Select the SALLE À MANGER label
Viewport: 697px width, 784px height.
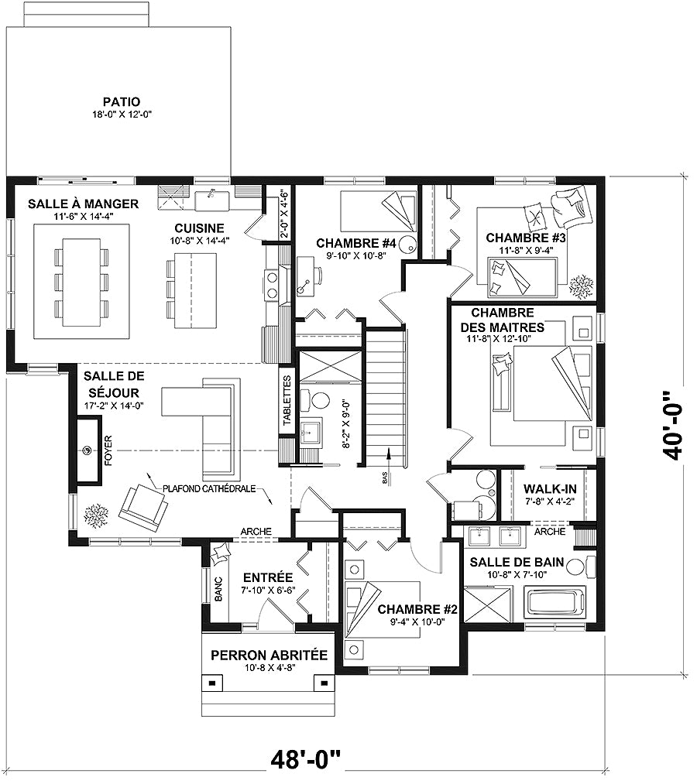click(83, 204)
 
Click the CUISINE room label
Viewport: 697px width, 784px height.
click(199, 228)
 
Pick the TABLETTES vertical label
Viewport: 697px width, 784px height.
click(287, 401)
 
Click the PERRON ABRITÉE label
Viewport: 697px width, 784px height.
click(269, 656)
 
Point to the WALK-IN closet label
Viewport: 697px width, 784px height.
click(548, 489)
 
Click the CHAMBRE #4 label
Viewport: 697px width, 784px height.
click(356, 243)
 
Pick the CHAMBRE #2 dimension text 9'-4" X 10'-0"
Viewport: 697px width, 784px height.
click(417, 623)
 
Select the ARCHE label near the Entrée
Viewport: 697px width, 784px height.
click(256, 531)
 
